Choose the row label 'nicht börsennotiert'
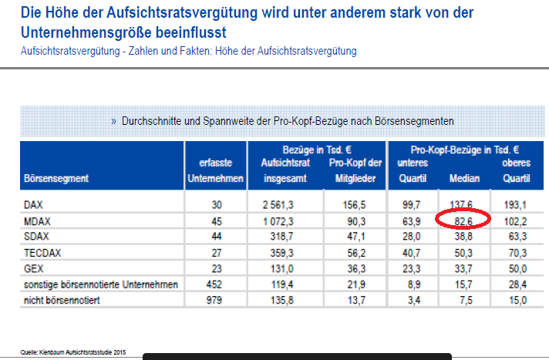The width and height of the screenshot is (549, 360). (58, 301)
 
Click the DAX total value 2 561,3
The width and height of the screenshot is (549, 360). (283, 204)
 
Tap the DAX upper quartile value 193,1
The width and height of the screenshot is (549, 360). (516, 204)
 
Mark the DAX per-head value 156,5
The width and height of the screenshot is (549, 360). (354, 204)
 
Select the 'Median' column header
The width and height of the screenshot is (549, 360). (463, 178)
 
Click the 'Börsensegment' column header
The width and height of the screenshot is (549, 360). (56, 178)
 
